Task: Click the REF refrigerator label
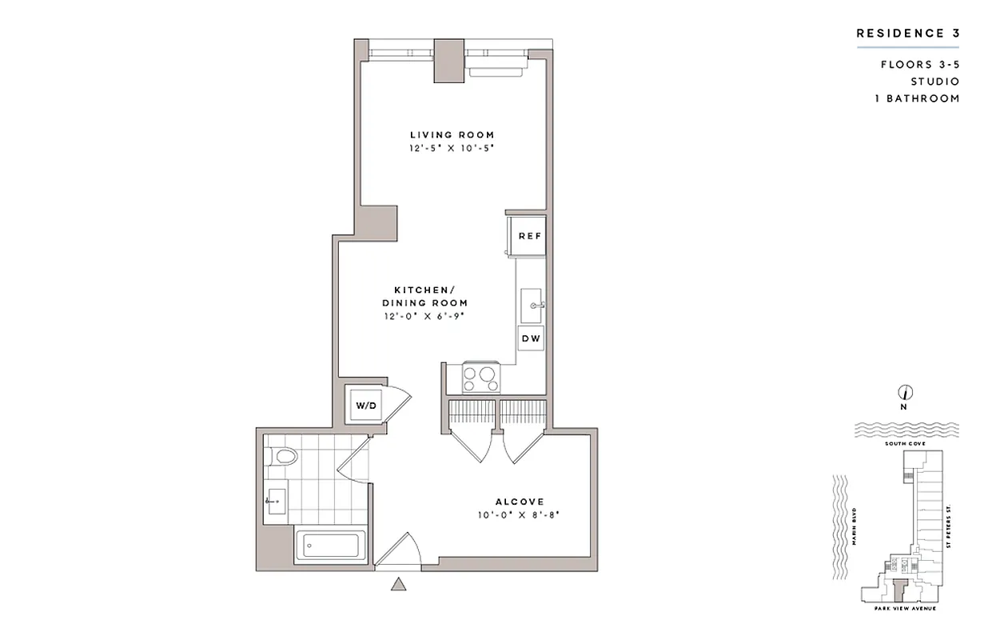(530, 236)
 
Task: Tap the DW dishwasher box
(531, 338)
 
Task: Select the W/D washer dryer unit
(365, 406)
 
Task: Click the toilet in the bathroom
(283, 457)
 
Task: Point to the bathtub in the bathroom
(331, 547)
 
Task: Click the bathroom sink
(276, 502)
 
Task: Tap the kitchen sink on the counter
(531, 304)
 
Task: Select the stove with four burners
(481, 377)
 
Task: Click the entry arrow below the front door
(398, 585)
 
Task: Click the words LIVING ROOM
(452, 135)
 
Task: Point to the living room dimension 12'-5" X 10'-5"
(452, 149)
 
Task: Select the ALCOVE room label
(519, 502)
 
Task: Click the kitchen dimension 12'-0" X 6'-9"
(424, 317)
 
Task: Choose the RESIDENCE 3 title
(907, 34)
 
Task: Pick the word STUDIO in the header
(934, 82)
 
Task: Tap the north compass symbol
(905, 393)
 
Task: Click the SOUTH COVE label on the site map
(905, 442)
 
